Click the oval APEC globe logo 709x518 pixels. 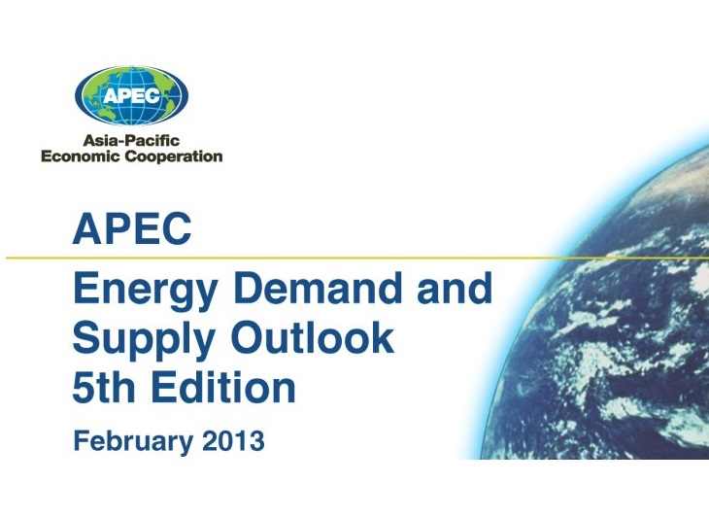click(x=131, y=96)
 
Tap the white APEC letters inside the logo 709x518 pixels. click(x=131, y=95)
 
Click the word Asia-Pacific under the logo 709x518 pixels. click(x=131, y=140)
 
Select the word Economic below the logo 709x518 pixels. click(x=80, y=156)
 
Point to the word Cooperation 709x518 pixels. click(x=174, y=156)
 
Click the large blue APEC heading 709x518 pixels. click(x=132, y=228)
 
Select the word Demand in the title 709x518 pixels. click(x=318, y=288)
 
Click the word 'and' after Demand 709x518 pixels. click(x=455, y=288)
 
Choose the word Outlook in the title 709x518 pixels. click(x=313, y=337)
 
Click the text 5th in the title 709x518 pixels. click(x=104, y=387)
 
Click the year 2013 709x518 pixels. click(x=233, y=440)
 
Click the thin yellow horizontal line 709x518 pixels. click(x=357, y=258)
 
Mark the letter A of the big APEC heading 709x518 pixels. click(x=87, y=229)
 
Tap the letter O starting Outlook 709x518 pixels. click(x=249, y=338)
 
